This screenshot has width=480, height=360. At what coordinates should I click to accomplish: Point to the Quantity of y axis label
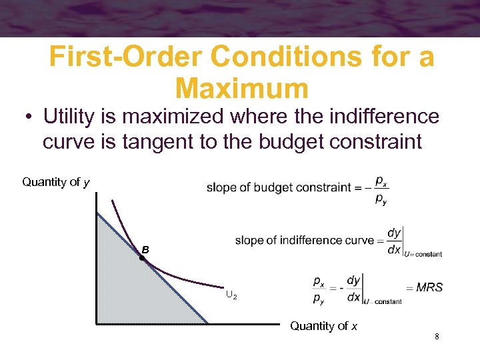[x=57, y=182]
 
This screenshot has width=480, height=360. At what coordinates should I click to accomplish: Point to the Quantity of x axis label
[x=323, y=326]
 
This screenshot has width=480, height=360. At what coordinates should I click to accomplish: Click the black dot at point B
[x=142, y=257]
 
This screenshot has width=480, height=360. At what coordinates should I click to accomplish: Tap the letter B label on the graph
[x=145, y=249]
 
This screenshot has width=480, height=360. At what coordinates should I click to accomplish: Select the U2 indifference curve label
[x=231, y=294]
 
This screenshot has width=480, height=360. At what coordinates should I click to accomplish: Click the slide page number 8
[x=436, y=337]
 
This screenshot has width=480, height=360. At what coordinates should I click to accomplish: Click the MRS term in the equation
[x=429, y=287]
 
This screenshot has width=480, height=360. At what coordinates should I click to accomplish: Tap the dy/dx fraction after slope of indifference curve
[x=394, y=240]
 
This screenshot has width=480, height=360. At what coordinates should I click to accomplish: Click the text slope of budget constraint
[x=279, y=187]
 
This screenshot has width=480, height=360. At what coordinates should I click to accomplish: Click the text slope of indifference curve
[x=304, y=241]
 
